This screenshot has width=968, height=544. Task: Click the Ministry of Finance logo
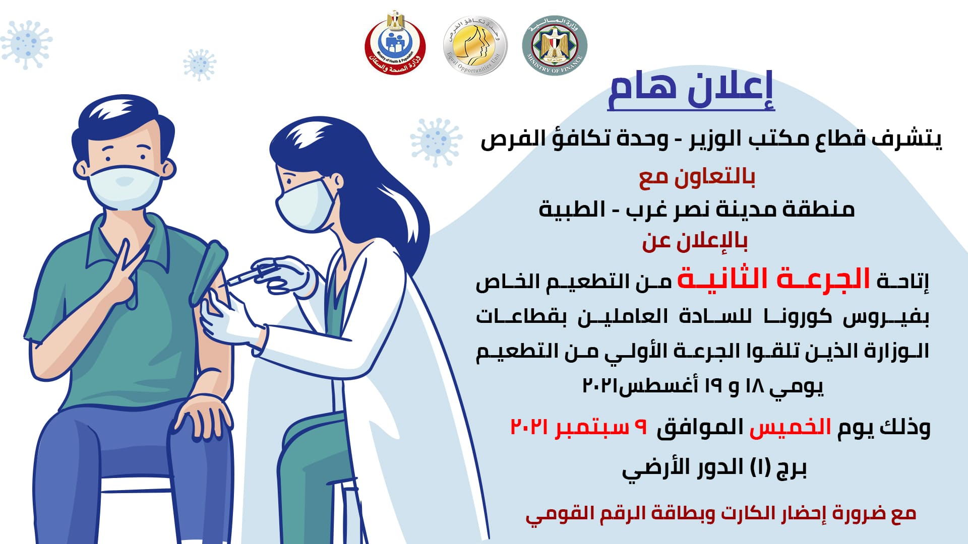(555, 45)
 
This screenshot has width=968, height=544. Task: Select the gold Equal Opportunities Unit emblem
(475, 45)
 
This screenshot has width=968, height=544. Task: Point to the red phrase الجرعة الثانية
(774, 279)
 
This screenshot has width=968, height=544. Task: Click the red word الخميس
(790, 427)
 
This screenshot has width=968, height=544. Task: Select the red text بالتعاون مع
(697, 177)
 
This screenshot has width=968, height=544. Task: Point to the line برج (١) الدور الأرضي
(714, 468)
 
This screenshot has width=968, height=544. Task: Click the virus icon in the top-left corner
(26, 44)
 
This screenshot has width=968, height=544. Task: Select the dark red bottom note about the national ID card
(720, 514)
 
